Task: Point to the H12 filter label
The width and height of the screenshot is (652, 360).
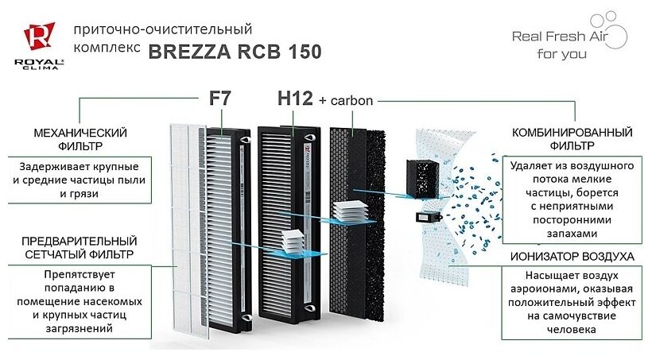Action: pos(294,100)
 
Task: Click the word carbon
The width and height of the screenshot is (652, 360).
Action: pos(350,102)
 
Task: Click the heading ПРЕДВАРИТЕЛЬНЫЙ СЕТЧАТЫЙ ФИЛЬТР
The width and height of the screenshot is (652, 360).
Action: pos(80,247)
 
